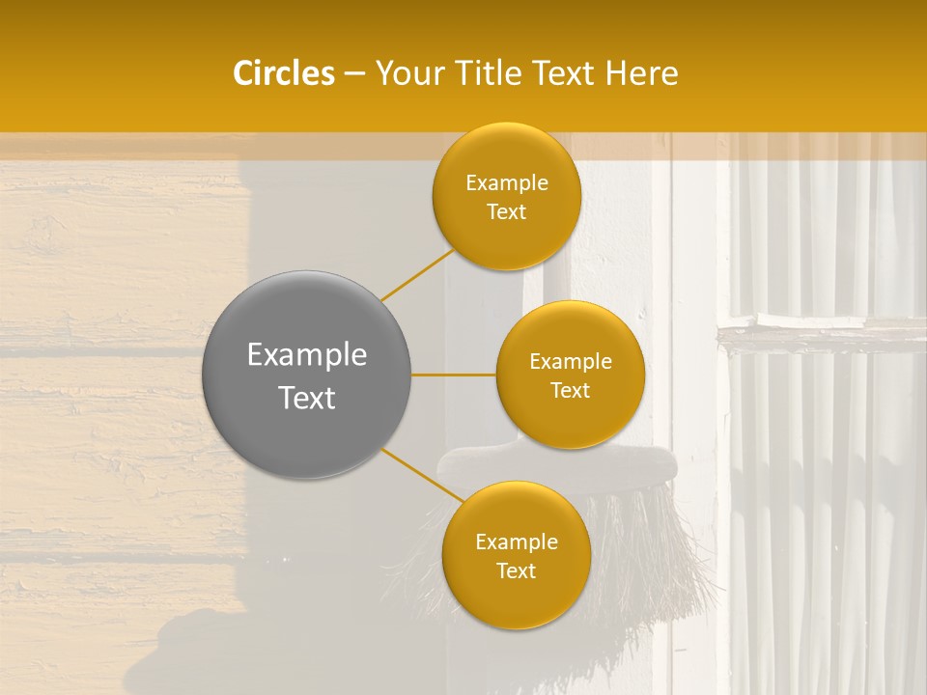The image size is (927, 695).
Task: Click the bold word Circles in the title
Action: (283, 73)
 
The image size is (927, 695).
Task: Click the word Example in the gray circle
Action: (307, 355)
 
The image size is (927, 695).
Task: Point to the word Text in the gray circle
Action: (307, 398)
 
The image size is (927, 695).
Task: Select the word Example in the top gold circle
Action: (507, 183)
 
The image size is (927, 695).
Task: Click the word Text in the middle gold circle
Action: (570, 391)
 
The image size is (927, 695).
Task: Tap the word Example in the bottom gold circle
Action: (517, 542)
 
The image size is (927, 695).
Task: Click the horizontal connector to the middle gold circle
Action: (454, 375)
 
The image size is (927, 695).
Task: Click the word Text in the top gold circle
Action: (506, 212)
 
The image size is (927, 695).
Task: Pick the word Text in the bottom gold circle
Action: (516, 571)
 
